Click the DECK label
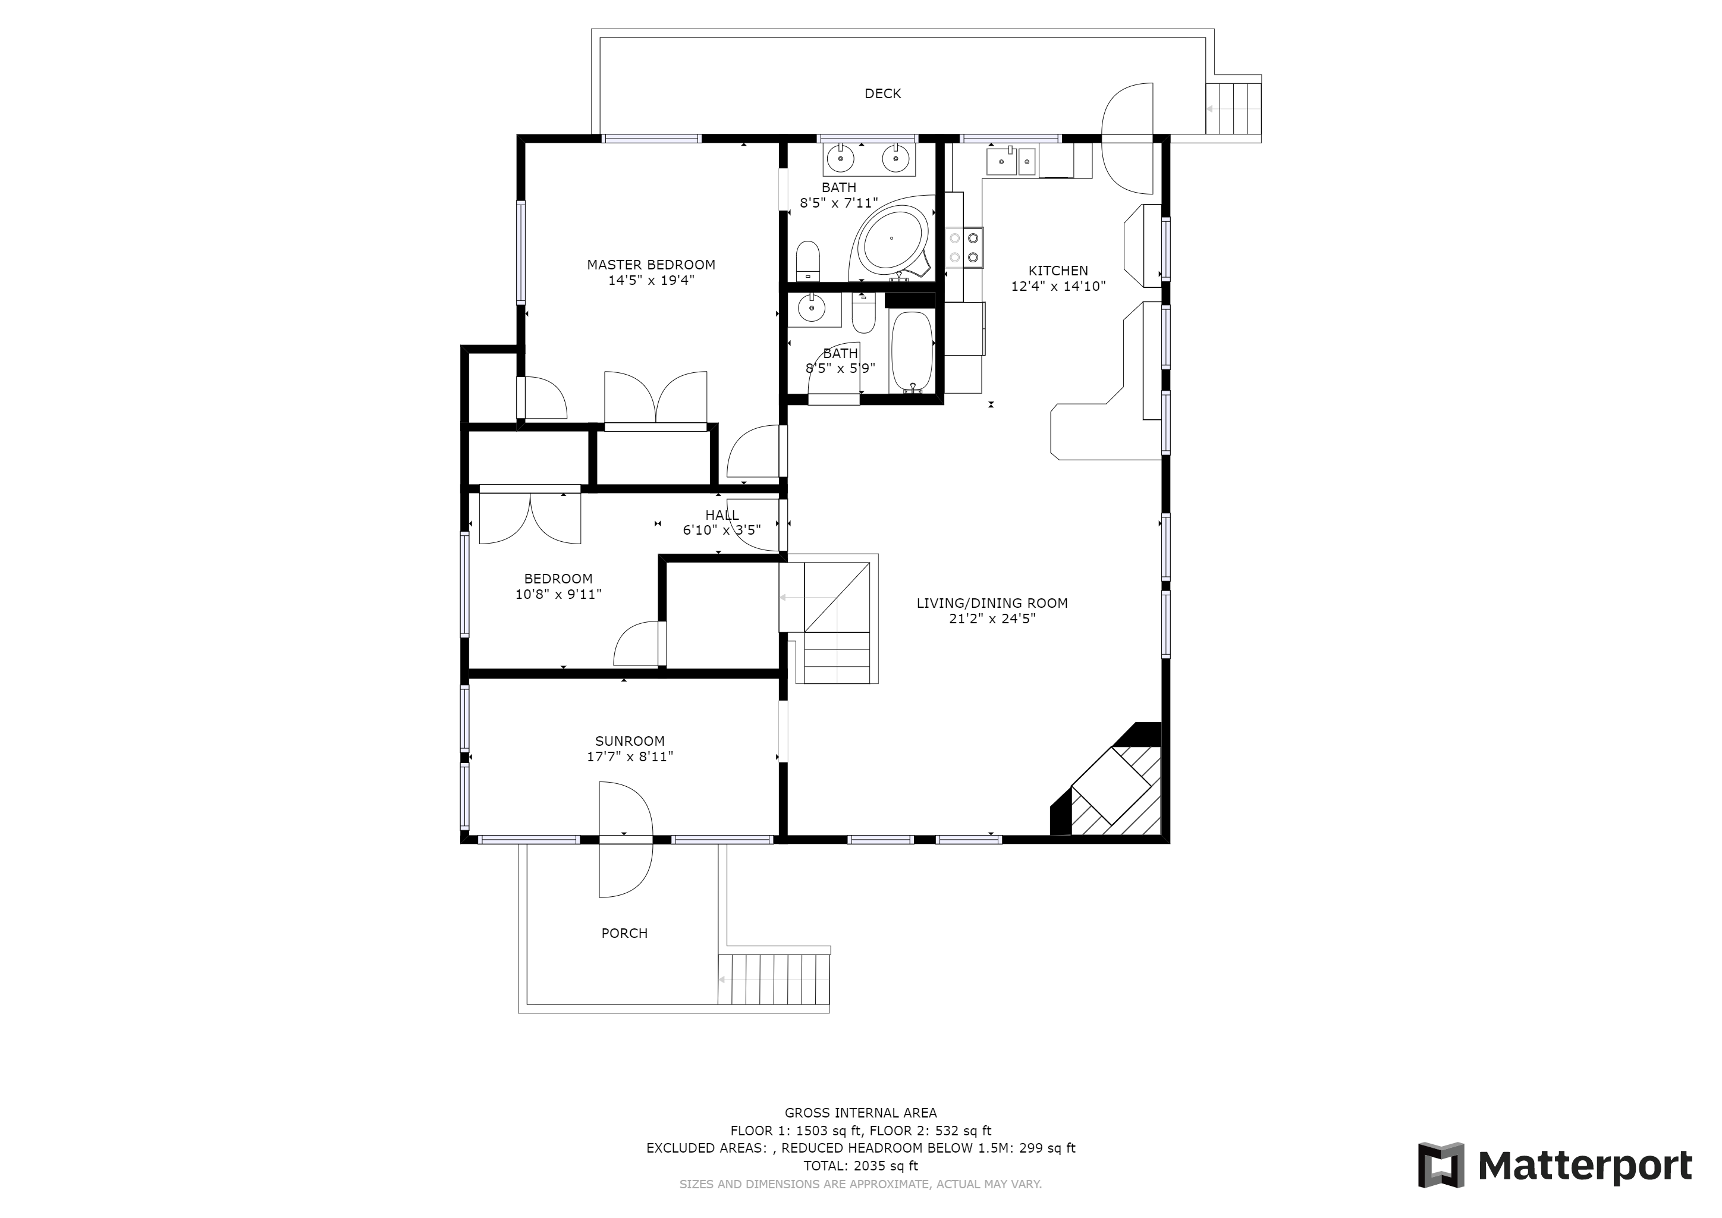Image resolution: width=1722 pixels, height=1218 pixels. coord(883,94)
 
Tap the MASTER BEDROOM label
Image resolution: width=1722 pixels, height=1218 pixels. coord(651,265)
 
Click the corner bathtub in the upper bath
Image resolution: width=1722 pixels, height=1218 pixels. coord(892,238)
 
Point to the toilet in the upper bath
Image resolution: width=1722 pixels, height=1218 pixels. coord(807,259)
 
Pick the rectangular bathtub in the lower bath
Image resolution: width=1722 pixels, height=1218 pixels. coord(912,351)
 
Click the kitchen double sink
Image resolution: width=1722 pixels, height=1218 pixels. coord(1011,161)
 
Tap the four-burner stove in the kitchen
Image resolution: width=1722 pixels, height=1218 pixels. coord(964,247)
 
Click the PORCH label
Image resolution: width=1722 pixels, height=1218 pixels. coord(625,933)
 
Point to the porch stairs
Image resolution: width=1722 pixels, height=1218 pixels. coord(774,980)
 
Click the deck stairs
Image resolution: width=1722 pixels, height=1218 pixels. coord(1233,109)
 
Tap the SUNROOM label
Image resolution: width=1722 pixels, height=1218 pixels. coord(630,741)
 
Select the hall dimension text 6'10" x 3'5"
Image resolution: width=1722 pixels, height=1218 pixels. coord(721,530)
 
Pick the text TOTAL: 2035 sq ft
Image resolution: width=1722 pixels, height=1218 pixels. coord(861,1166)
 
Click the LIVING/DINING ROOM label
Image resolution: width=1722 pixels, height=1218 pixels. coord(992,603)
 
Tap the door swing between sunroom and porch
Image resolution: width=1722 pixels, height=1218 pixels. coord(626,839)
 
